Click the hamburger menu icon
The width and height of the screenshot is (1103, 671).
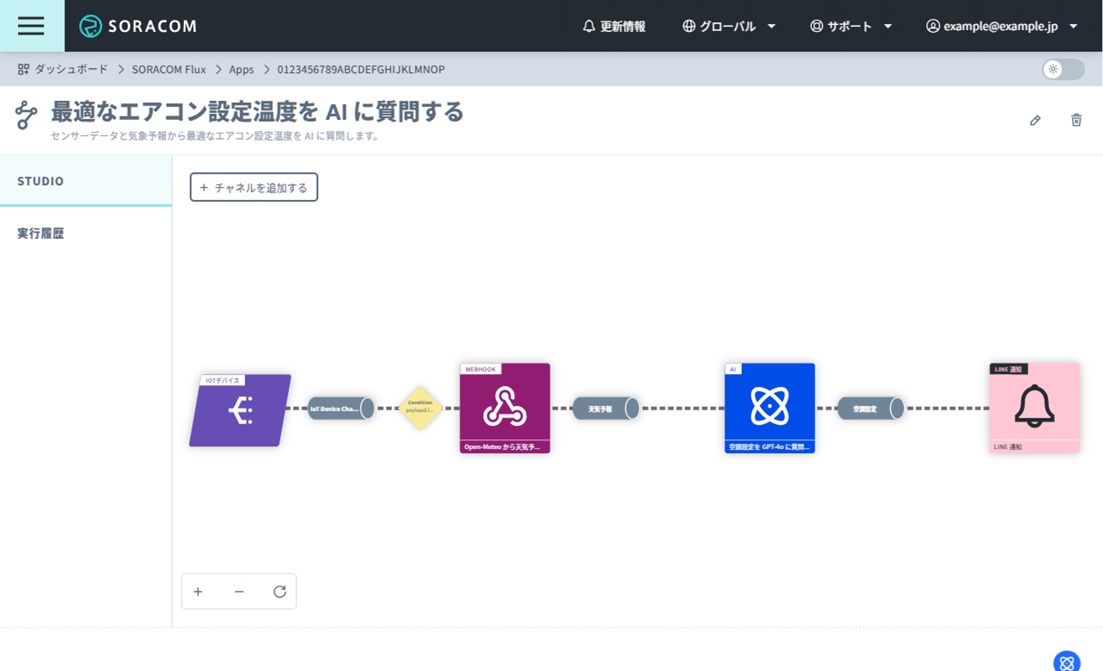31,26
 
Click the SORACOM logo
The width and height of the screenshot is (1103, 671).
138,26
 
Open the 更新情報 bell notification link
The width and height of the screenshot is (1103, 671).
614,26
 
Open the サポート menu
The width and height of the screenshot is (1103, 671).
851,26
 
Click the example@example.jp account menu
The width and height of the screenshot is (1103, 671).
1001,26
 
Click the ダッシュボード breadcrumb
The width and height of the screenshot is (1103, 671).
63,69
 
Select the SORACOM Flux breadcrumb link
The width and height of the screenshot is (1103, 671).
169,69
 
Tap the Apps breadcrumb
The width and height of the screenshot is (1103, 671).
242,69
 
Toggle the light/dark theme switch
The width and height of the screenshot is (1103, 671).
1063,69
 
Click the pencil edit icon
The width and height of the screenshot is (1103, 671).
1035,121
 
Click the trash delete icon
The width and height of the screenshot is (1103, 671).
1076,120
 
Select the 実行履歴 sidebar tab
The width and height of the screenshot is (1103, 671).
41,233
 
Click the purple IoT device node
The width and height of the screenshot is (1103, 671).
240,410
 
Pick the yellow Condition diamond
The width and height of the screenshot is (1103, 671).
420,407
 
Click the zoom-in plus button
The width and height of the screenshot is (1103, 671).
198,592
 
